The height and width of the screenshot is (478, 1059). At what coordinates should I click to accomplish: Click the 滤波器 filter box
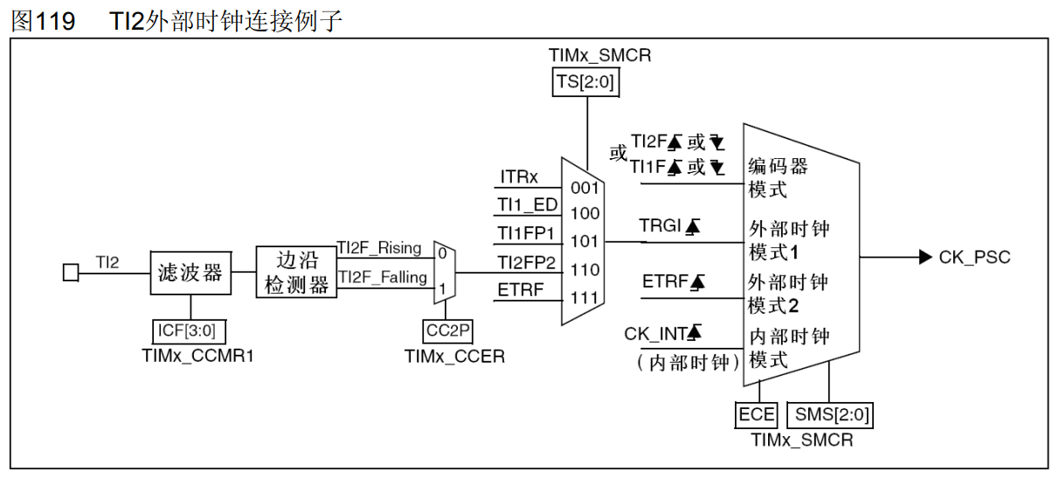[x=190, y=274]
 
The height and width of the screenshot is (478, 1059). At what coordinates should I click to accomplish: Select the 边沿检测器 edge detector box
[x=296, y=273]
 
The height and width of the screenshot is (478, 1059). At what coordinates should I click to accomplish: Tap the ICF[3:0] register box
[x=190, y=332]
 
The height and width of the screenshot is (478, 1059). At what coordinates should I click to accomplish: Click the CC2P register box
[x=448, y=331]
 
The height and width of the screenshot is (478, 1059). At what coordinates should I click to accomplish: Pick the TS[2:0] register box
[x=586, y=84]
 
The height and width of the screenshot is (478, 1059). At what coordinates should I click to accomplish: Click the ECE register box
[x=757, y=414]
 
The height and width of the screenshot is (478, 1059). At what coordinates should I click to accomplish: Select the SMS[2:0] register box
[x=829, y=414]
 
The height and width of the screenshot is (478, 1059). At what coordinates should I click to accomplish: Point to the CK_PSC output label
[x=974, y=257]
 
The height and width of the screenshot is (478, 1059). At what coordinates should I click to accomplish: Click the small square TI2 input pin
[x=71, y=274]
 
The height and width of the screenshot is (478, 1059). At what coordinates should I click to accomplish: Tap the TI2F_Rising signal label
[x=379, y=247]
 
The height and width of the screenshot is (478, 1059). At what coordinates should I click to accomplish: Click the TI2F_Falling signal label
[x=383, y=277]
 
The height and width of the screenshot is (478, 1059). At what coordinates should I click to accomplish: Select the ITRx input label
[x=519, y=177]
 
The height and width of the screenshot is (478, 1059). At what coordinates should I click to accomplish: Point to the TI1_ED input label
[x=528, y=205]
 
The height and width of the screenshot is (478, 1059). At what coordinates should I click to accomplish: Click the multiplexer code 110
[x=585, y=270]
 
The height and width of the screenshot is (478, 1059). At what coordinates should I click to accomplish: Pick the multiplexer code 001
[x=585, y=187]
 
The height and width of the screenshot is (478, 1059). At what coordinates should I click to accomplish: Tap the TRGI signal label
[x=660, y=225]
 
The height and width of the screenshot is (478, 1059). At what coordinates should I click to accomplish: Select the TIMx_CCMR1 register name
[x=191, y=357]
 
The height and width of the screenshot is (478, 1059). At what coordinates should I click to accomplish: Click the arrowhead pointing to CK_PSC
[x=925, y=257]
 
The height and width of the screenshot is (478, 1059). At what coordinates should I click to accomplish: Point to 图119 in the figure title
[x=43, y=21]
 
